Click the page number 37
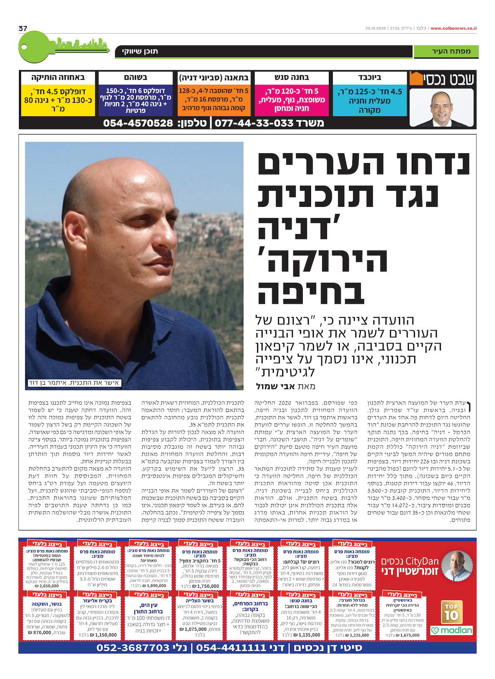[23, 28]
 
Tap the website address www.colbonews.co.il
[453, 28]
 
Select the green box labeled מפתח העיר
[446, 52]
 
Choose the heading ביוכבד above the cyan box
[369, 77]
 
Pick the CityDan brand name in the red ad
[422, 561]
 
